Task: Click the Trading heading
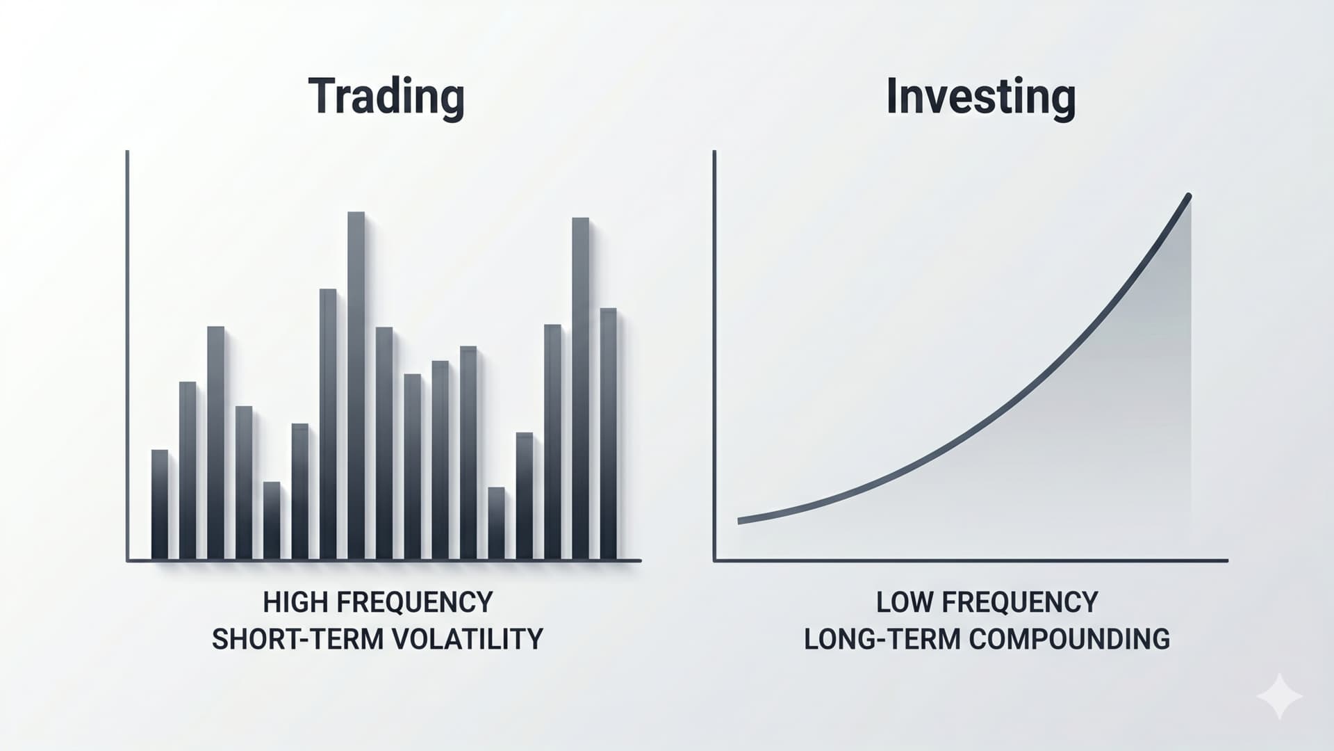click(386, 97)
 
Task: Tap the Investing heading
click(981, 97)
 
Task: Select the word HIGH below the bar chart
click(288, 602)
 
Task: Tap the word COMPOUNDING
click(1069, 639)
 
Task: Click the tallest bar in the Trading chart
click(356, 386)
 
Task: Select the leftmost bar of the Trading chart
click(159, 505)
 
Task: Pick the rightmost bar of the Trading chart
click(608, 434)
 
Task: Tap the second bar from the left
click(188, 471)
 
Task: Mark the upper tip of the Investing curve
click(1189, 197)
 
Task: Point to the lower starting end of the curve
click(740, 521)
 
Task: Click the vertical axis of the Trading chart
click(127, 355)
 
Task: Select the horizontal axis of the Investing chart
click(971, 560)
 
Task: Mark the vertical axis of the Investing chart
click(714, 355)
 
